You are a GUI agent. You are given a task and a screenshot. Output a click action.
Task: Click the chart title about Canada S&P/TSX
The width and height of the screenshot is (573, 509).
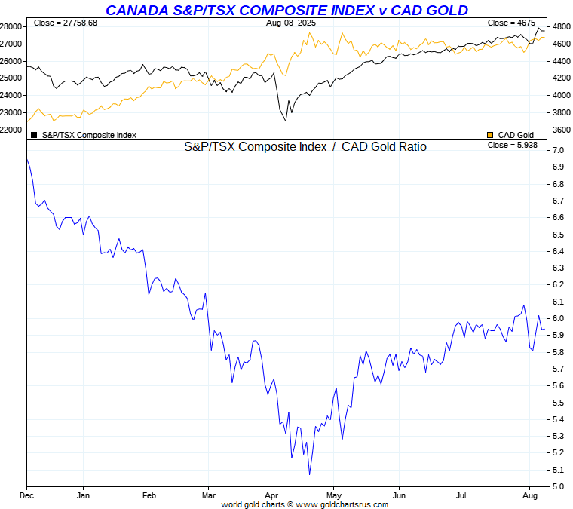(x=286, y=10)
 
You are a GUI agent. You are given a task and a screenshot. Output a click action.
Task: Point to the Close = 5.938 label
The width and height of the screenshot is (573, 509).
(x=512, y=145)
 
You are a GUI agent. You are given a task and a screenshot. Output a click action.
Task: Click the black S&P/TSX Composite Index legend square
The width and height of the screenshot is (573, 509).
(x=33, y=135)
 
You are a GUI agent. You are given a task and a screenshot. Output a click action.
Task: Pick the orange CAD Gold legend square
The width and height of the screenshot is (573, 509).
(x=490, y=135)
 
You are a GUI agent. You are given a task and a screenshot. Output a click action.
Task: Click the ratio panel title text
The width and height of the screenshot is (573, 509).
(x=305, y=147)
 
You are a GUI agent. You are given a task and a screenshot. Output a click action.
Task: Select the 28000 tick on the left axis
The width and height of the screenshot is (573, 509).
(x=12, y=26)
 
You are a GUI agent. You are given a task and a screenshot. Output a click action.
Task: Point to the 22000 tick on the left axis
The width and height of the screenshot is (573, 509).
(x=12, y=130)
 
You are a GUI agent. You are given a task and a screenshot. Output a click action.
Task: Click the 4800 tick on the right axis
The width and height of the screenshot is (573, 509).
(x=560, y=26)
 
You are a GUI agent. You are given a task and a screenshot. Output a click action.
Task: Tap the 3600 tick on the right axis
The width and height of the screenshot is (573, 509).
(x=560, y=130)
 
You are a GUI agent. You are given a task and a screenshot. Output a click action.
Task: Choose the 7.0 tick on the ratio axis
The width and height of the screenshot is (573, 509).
(x=558, y=151)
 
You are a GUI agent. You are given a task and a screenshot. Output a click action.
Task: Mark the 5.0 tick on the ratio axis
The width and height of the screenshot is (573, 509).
(x=558, y=486)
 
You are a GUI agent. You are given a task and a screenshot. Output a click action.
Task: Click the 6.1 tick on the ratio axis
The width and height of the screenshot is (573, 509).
(x=558, y=302)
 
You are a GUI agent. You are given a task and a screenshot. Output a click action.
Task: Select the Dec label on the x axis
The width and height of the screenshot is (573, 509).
(x=27, y=495)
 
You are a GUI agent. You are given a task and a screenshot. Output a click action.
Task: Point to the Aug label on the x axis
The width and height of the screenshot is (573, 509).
(x=530, y=495)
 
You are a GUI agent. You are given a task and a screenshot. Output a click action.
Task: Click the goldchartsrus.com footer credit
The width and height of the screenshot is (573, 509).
(x=305, y=504)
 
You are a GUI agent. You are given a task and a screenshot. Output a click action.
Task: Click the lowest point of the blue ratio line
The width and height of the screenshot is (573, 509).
(x=309, y=474)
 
